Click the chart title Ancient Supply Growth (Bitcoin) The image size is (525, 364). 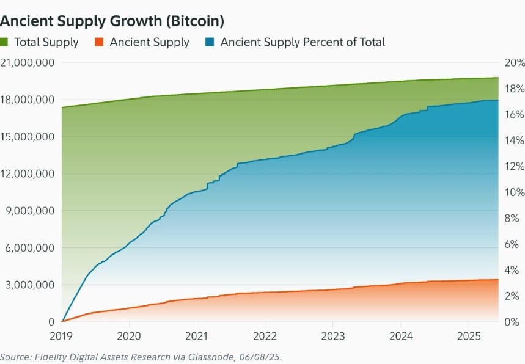tap(112, 20)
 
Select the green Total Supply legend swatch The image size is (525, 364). tap(4, 42)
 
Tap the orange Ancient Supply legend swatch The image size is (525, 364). tap(98, 42)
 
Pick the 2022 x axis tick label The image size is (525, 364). tap(265, 335)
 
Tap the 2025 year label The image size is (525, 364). tap(468, 335)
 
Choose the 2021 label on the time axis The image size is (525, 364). tap(197, 335)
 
